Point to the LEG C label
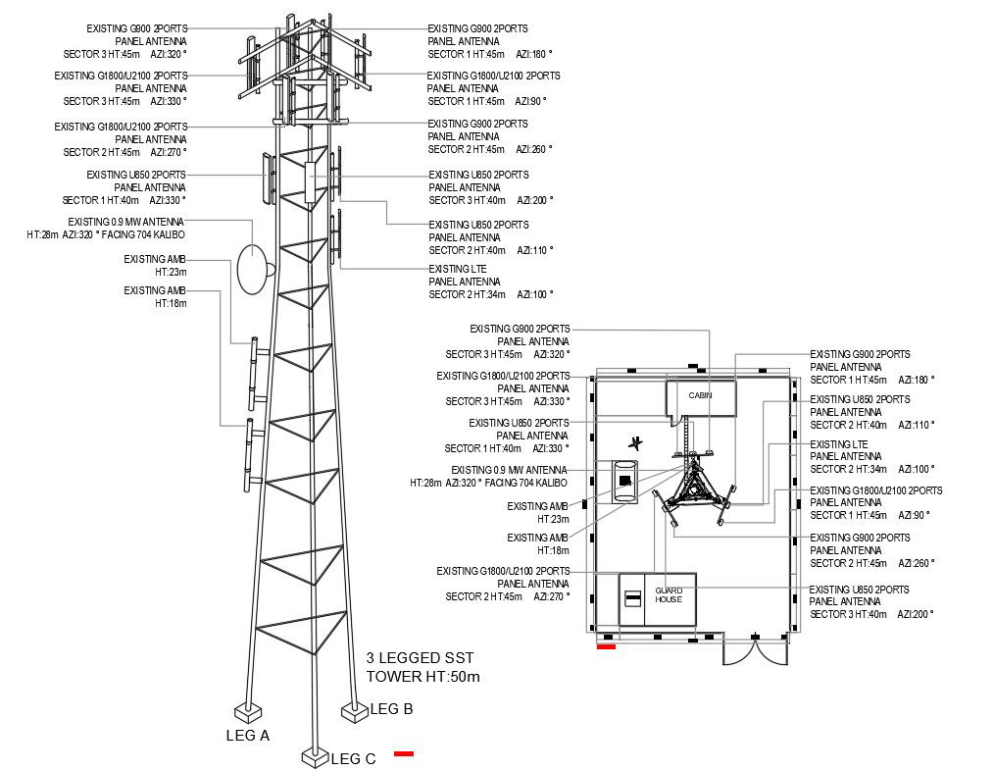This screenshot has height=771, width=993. click(x=353, y=758)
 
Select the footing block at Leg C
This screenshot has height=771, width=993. click(x=314, y=757)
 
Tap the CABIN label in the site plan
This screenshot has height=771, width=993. click(x=700, y=395)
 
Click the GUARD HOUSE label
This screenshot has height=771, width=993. click(x=669, y=594)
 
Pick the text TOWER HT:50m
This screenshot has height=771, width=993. click(x=422, y=677)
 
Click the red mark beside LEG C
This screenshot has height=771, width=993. click(x=404, y=753)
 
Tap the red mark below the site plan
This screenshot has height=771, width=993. click(x=606, y=646)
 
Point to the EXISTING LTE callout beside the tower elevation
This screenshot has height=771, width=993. click(x=458, y=269)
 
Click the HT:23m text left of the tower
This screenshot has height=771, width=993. click(x=171, y=272)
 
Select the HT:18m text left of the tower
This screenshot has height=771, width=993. click(x=171, y=303)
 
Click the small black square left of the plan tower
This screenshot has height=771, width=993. click(x=624, y=479)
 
